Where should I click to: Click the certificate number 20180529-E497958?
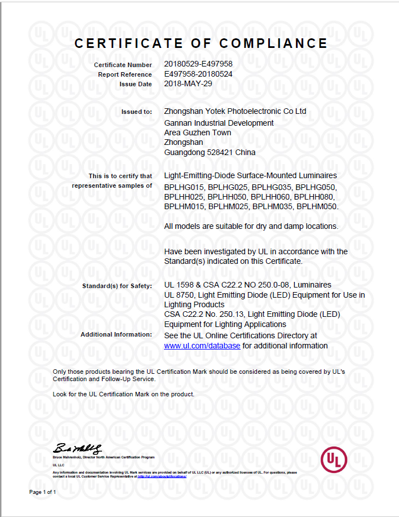[x=198, y=65]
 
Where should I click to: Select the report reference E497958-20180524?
[x=198, y=74]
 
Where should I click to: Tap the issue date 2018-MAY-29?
[x=188, y=83]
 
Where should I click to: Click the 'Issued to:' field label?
[x=136, y=112]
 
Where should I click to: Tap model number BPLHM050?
[x=317, y=207]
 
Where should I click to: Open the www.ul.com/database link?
[x=202, y=345]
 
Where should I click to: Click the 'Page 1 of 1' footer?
[x=42, y=492]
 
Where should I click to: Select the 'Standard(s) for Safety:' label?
[x=117, y=286]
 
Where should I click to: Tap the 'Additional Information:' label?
[x=116, y=334]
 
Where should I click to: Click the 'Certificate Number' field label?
[x=123, y=65]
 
